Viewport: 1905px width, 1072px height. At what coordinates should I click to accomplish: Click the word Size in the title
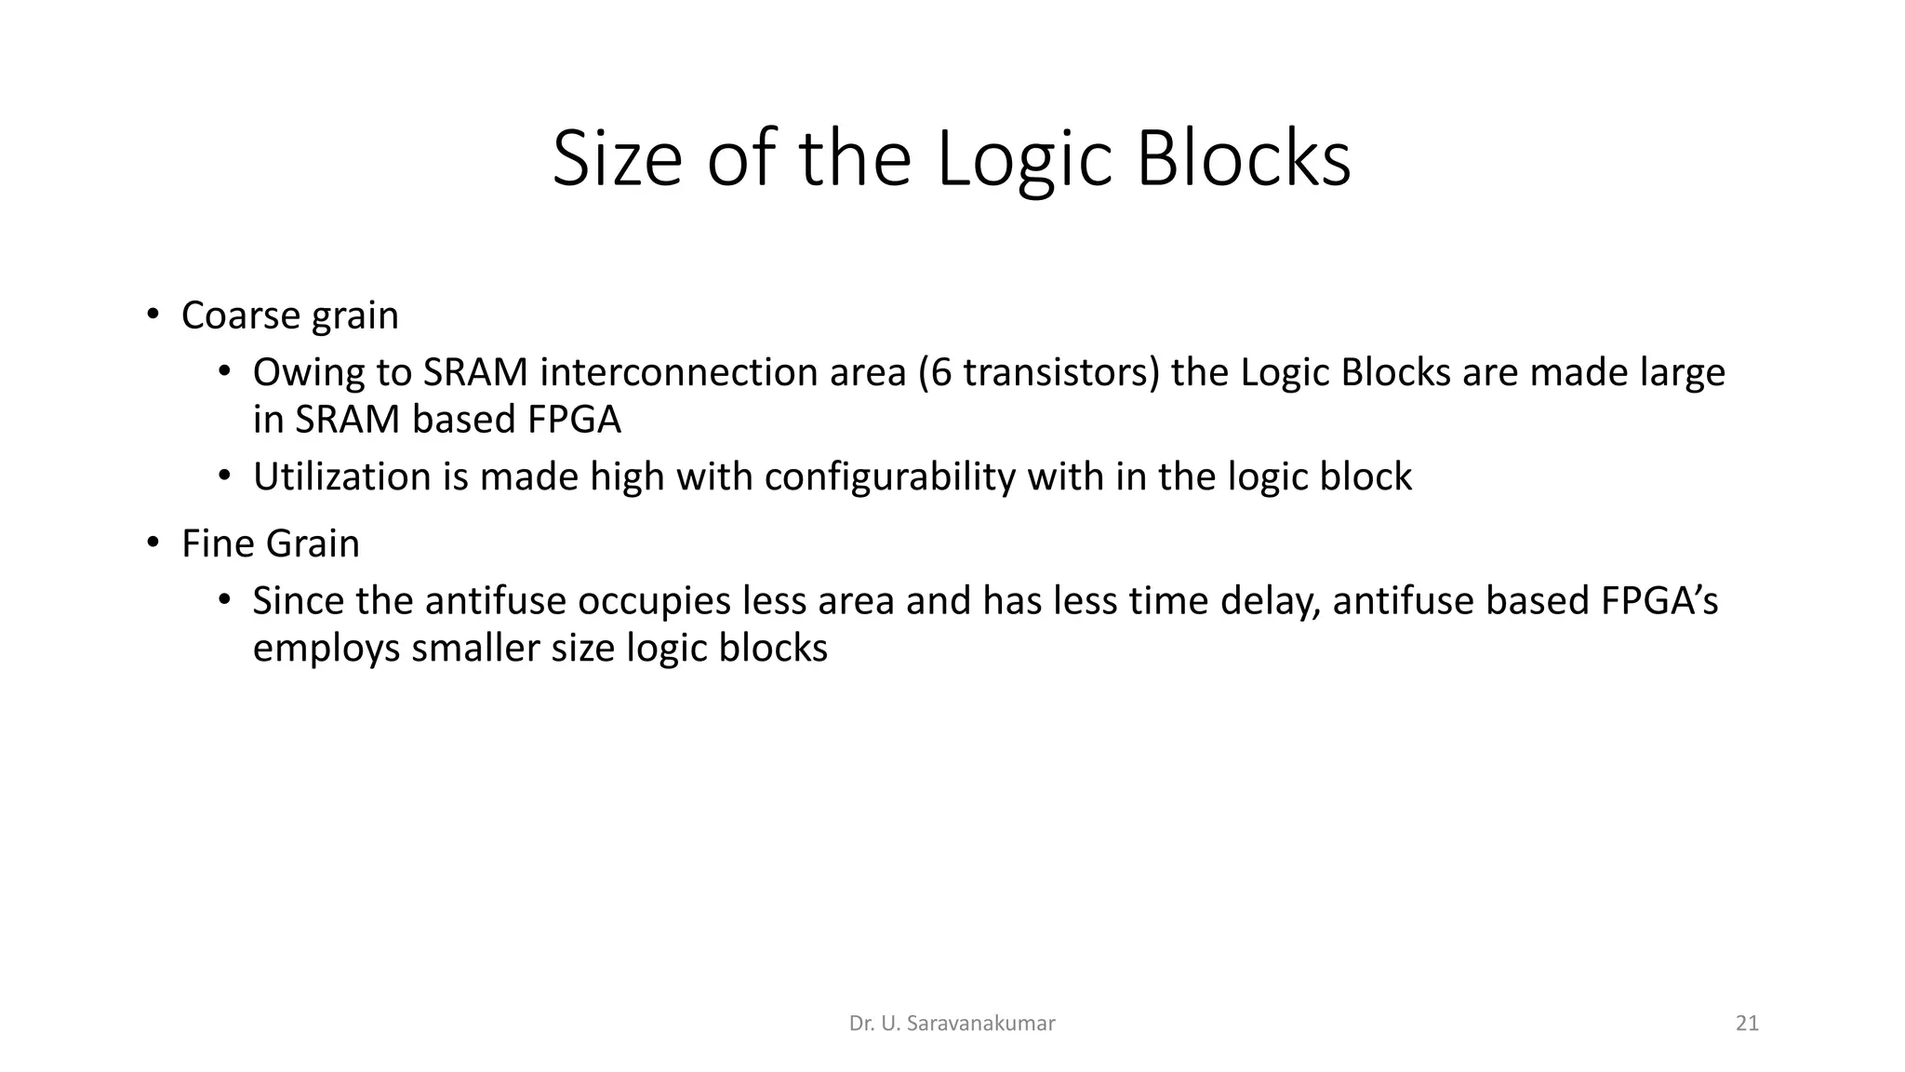coord(617,158)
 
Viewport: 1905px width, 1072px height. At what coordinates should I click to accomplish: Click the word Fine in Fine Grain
coord(216,543)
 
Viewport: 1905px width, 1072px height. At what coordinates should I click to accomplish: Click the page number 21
coord(1747,1024)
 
